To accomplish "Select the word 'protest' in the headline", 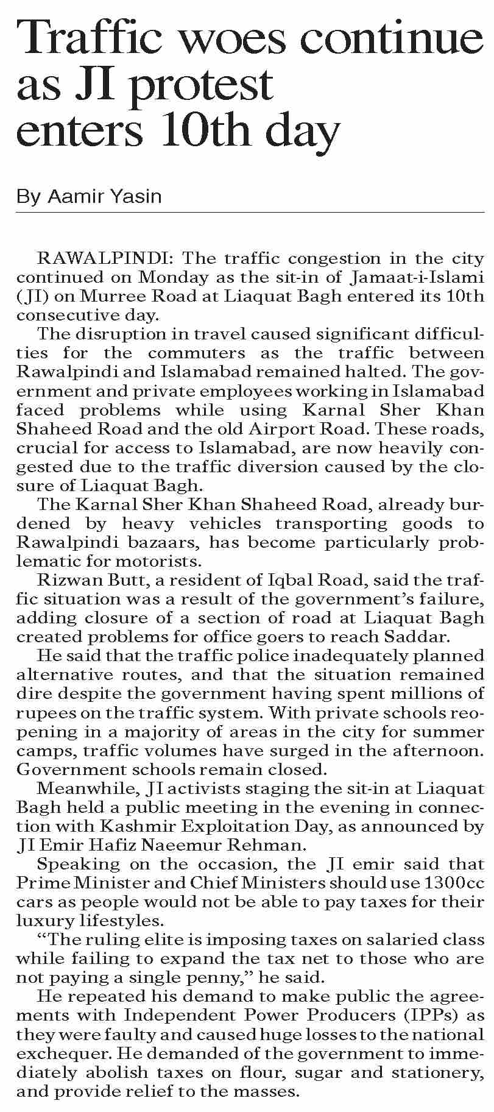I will (x=202, y=85).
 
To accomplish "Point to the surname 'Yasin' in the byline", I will (x=139, y=196).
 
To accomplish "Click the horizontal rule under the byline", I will (x=250, y=212).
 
